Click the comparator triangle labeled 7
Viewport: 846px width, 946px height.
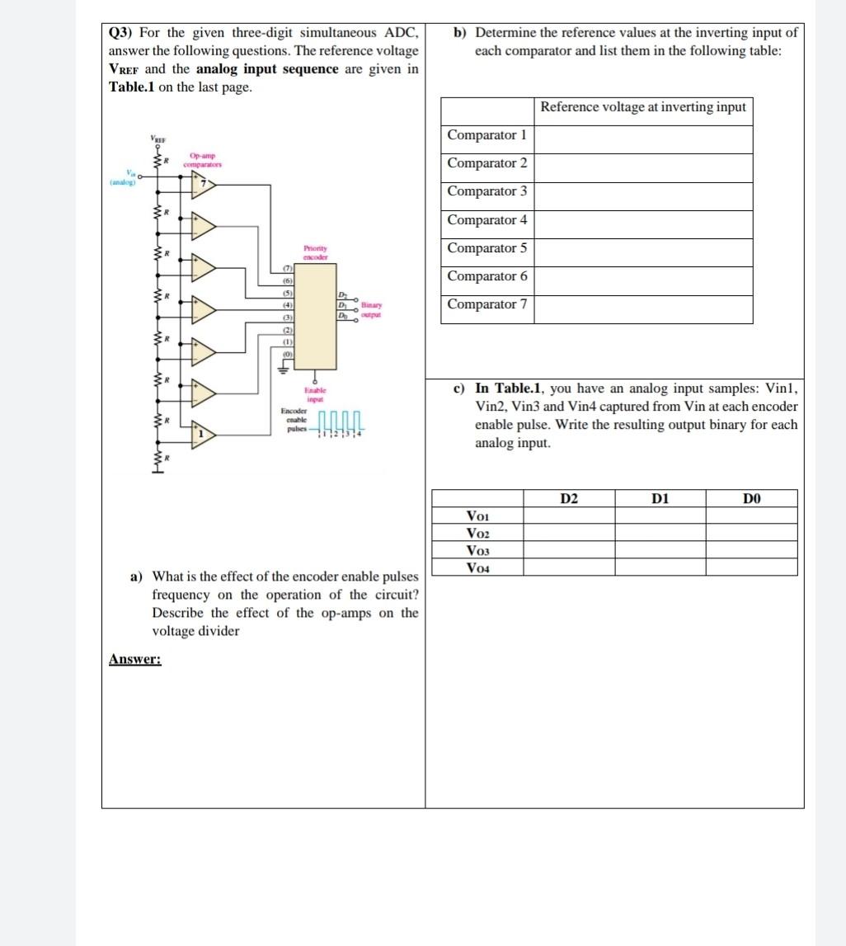pyautogui.click(x=202, y=185)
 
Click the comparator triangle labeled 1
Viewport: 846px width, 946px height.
pyautogui.click(x=202, y=431)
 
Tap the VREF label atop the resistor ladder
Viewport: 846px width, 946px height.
pyautogui.click(x=157, y=138)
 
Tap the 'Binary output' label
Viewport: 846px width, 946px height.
pyautogui.click(x=371, y=309)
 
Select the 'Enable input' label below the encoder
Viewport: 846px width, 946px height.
pyautogui.click(x=315, y=393)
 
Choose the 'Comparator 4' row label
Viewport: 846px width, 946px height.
pyautogui.click(x=486, y=220)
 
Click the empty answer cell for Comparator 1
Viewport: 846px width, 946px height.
pyautogui.click(x=646, y=135)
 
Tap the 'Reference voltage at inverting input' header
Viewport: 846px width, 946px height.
pyautogui.click(x=643, y=106)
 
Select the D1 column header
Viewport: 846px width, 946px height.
pyautogui.click(x=660, y=498)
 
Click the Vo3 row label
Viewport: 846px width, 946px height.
pyautogui.click(x=477, y=550)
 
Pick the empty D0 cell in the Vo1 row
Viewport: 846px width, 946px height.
pyautogui.click(x=750, y=515)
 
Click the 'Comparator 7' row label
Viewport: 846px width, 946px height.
pyautogui.click(x=486, y=304)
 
